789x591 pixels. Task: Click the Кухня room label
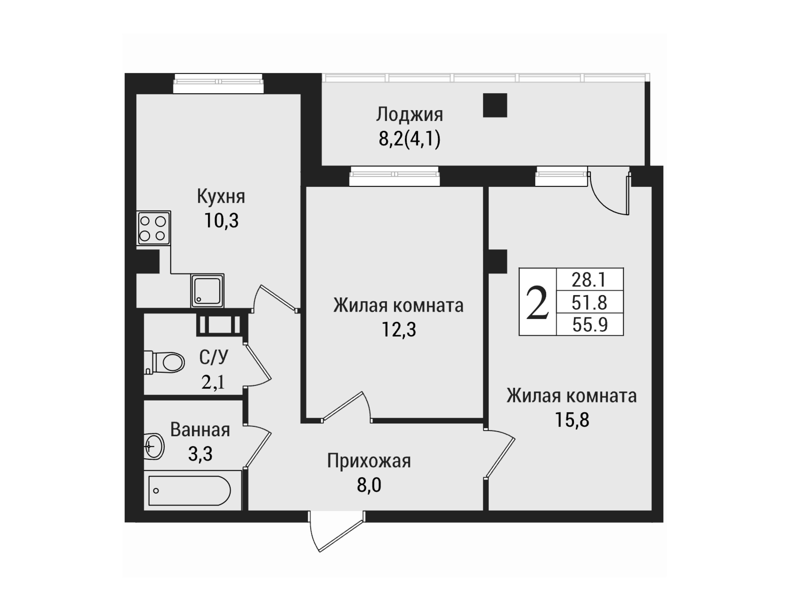[x=221, y=197]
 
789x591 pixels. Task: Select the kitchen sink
[x=207, y=290]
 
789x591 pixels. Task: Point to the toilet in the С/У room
[x=164, y=362]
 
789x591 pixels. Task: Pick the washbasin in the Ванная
[x=154, y=446]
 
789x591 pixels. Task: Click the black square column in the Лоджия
[x=495, y=105]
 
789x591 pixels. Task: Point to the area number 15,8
[x=572, y=420]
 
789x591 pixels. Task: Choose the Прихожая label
[x=369, y=461]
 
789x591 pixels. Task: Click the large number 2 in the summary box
[x=537, y=302]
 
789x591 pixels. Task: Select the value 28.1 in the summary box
[x=589, y=280]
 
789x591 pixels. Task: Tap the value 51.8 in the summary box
[x=589, y=302]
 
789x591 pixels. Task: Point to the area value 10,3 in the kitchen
[x=221, y=221]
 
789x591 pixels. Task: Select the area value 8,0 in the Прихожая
[x=369, y=485]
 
